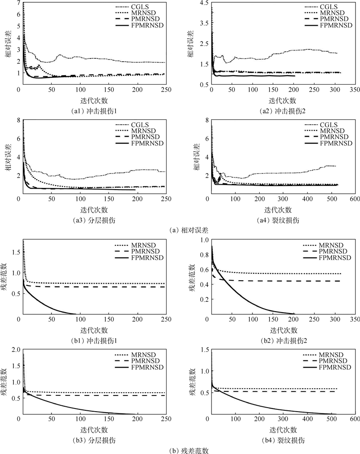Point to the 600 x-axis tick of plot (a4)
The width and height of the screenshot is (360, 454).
pyautogui.click(x=354, y=199)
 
